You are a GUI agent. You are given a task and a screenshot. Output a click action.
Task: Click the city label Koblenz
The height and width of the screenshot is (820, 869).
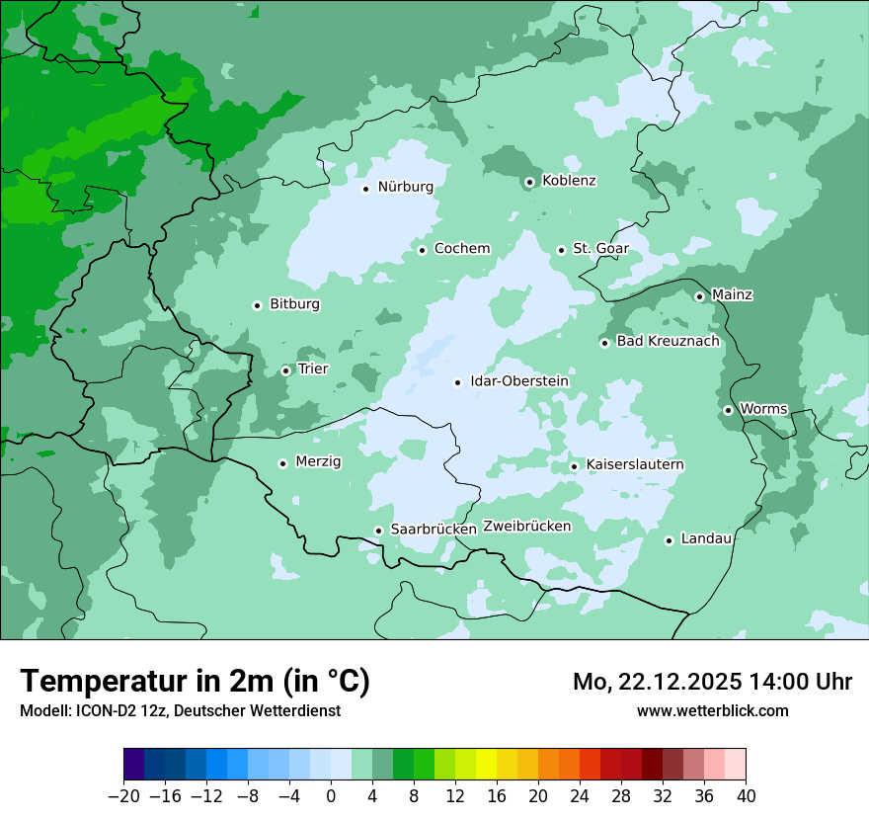pos(569,181)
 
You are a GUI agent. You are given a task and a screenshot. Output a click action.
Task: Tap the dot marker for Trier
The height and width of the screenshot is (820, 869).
pos(285,370)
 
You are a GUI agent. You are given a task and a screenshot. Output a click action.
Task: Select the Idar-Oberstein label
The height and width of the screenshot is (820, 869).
pos(519,381)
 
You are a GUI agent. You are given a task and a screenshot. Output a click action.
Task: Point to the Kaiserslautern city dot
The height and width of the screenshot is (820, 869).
pos(574,466)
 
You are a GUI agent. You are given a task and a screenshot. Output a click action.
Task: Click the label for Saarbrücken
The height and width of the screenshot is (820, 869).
pos(434,530)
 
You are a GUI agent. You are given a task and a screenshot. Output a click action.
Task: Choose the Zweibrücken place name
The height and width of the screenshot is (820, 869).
pos(526,527)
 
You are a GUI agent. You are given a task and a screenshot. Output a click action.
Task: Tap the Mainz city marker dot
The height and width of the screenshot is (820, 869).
pos(699,296)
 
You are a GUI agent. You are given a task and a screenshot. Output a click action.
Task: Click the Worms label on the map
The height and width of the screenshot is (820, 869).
pos(763,409)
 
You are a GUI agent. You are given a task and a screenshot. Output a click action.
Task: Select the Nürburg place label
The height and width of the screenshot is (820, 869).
pos(405,187)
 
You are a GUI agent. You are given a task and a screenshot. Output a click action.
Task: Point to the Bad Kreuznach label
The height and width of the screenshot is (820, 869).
pos(668,342)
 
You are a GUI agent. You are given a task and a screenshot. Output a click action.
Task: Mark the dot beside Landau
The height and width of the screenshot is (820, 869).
pos(669,540)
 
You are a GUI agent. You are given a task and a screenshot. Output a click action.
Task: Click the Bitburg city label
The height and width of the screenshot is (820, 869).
pos(294,304)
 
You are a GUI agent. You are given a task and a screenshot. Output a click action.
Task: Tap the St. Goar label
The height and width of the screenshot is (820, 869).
pos(600,249)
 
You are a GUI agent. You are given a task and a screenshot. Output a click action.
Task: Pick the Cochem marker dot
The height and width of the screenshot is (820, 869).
pos(422,250)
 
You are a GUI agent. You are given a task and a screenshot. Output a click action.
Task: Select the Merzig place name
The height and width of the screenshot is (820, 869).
pos(318,461)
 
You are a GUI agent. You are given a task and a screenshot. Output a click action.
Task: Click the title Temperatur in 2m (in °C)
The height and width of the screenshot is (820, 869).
pos(195,682)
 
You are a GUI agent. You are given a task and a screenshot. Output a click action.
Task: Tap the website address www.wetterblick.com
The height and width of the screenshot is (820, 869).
pos(712,710)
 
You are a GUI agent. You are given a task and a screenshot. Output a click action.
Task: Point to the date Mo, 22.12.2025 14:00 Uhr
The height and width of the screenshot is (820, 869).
pos(712,682)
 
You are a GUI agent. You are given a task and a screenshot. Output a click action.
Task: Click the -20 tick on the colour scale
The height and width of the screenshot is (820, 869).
pos(123,796)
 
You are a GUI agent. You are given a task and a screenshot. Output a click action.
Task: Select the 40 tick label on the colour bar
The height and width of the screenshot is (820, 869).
pos(746,796)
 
